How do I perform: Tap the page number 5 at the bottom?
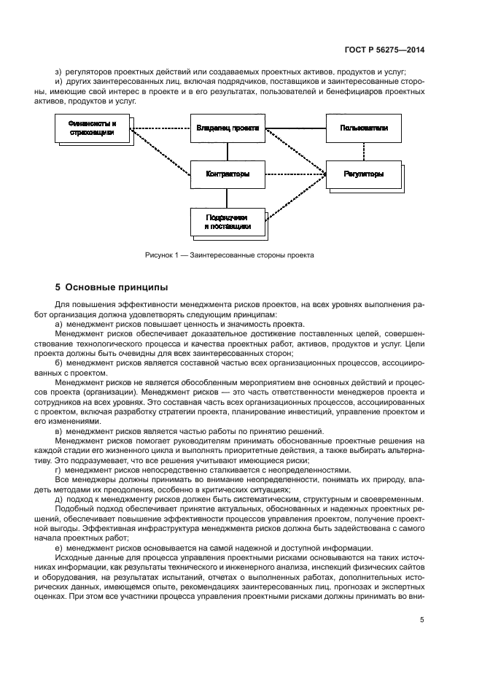click(422, 620)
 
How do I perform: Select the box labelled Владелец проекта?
click(227, 128)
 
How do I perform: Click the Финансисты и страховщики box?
click(93, 128)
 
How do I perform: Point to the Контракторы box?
click(227, 174)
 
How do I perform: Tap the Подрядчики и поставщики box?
click(227, 222)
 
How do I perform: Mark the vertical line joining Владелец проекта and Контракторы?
click(227, 151)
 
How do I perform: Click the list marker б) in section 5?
click(58, 362)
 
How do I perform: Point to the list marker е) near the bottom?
click(58, 548)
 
